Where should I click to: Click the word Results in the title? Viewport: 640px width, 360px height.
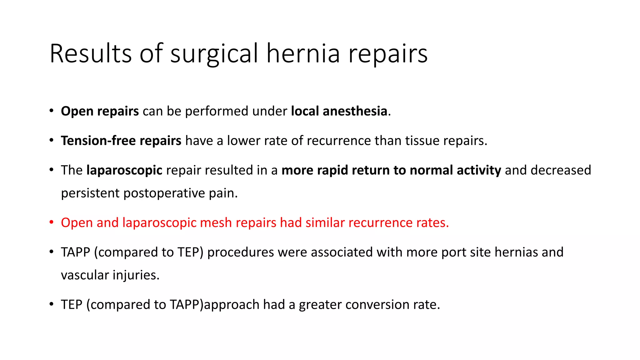pos(91,54)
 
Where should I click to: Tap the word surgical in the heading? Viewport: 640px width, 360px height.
pos(214,54)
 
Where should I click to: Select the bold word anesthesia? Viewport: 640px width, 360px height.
pos(355,111)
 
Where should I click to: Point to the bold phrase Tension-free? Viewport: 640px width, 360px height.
pos(98,141)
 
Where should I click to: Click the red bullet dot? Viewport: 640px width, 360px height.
pos(52,222)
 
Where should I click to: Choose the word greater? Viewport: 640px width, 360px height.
pos(320,305)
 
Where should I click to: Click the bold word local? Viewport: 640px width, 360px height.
pos(305,111)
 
